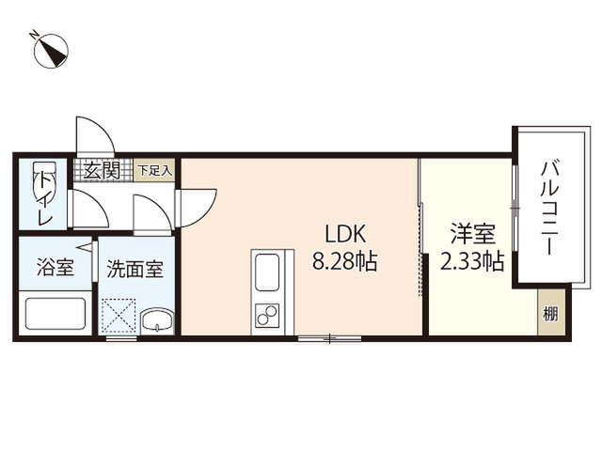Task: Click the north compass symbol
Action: point(50,50)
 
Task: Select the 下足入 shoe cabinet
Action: point(154,170)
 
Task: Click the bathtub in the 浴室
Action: point(55,313)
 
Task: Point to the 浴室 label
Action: point(55,267)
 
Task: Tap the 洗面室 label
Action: point(135,269)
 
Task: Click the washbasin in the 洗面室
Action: point(157,320)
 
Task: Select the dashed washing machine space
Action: point(119,316)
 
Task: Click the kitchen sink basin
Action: point(267,272)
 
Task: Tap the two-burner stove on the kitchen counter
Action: point(267,315)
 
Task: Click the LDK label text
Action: point(345,234)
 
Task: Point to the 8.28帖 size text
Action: point(345,262)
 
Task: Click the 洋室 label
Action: point(473,234)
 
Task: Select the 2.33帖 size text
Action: point(472,262)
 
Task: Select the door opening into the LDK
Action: point(196,207)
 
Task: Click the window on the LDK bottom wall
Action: point(330,338)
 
